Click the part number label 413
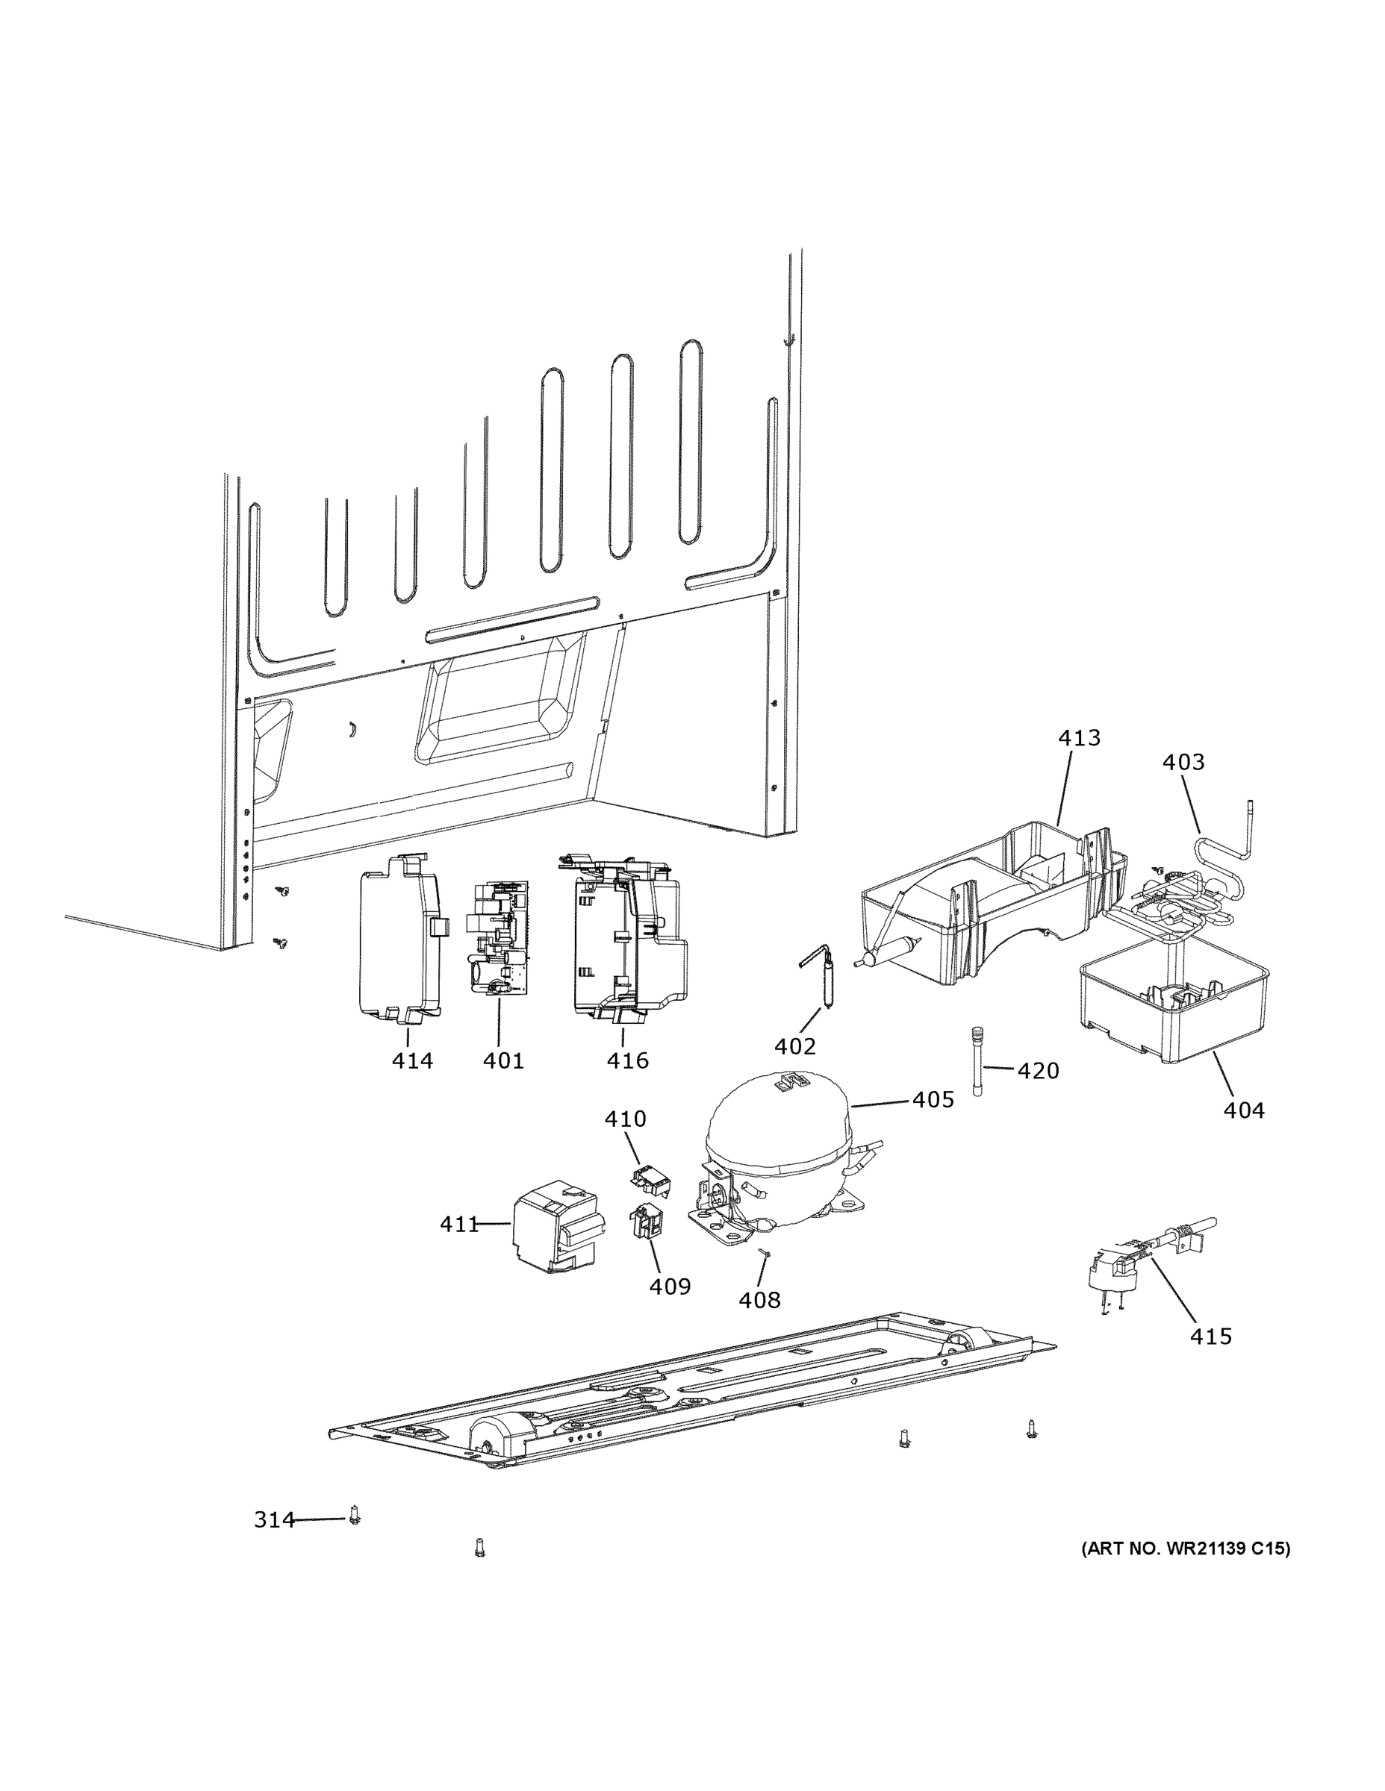point(1078,738)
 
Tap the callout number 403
point(1183,762)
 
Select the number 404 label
point(1243,1110)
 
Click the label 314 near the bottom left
point(273,1520)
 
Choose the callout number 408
point(759,1300)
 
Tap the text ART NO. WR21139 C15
point(1185,1548)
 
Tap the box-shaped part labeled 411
point(555,1226)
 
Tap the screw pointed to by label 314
point(355,1516)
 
